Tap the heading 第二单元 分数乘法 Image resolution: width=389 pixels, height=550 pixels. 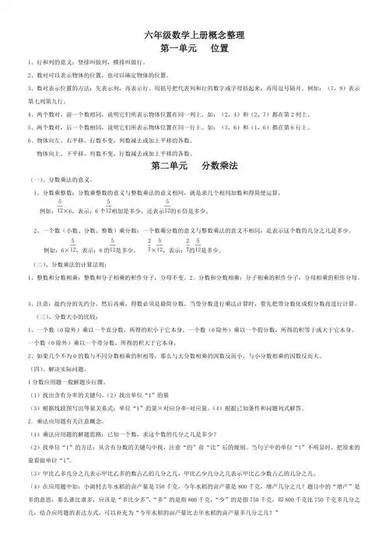point(194,166)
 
